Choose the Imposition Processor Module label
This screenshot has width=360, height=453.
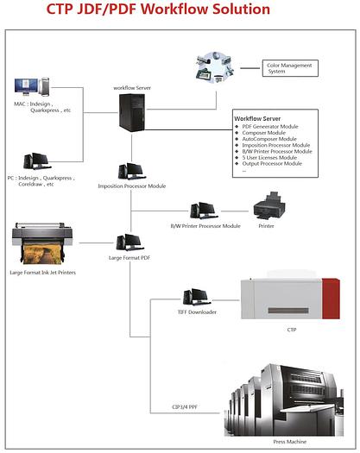131,186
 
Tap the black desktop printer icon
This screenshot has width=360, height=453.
267,208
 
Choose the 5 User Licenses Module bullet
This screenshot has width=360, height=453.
271,157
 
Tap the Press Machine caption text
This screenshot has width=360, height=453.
289,441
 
